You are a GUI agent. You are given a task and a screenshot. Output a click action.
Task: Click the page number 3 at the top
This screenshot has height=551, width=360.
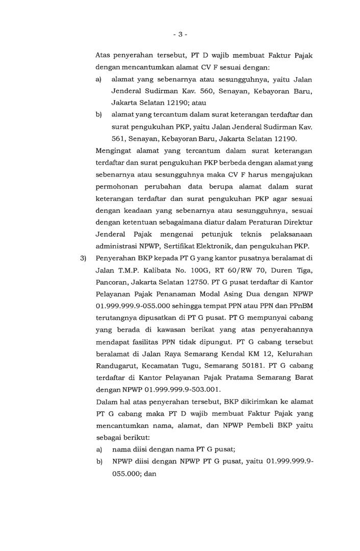coord(180,34)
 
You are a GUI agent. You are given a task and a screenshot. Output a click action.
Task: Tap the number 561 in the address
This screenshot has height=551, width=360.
coord(119,138)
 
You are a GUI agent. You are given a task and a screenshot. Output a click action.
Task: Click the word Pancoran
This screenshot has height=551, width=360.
coord(112,281)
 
